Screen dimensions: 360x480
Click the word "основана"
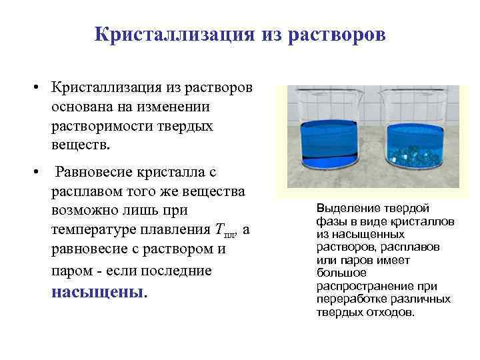click(x=84, y=107)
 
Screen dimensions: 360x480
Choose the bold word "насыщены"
click(x=97, y=291)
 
